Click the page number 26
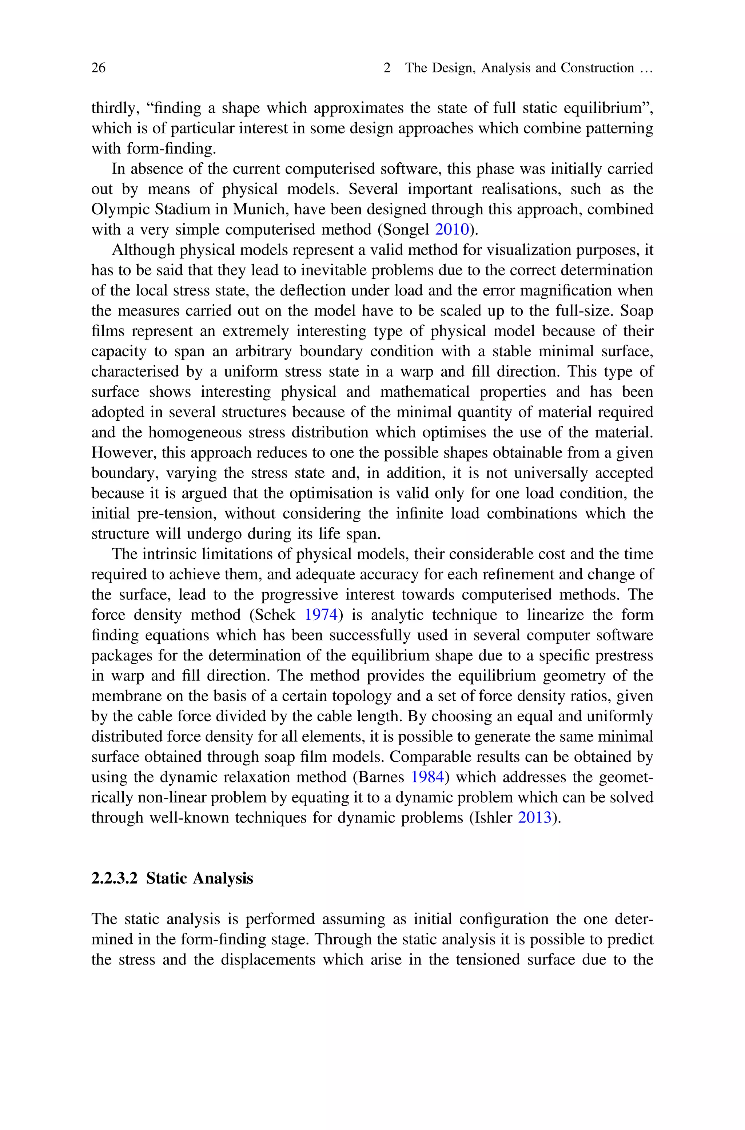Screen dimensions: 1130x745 tap(98, 68)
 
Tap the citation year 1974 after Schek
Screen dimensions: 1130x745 tap(321, 615)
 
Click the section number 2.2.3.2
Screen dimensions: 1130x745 tap(114, 878)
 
